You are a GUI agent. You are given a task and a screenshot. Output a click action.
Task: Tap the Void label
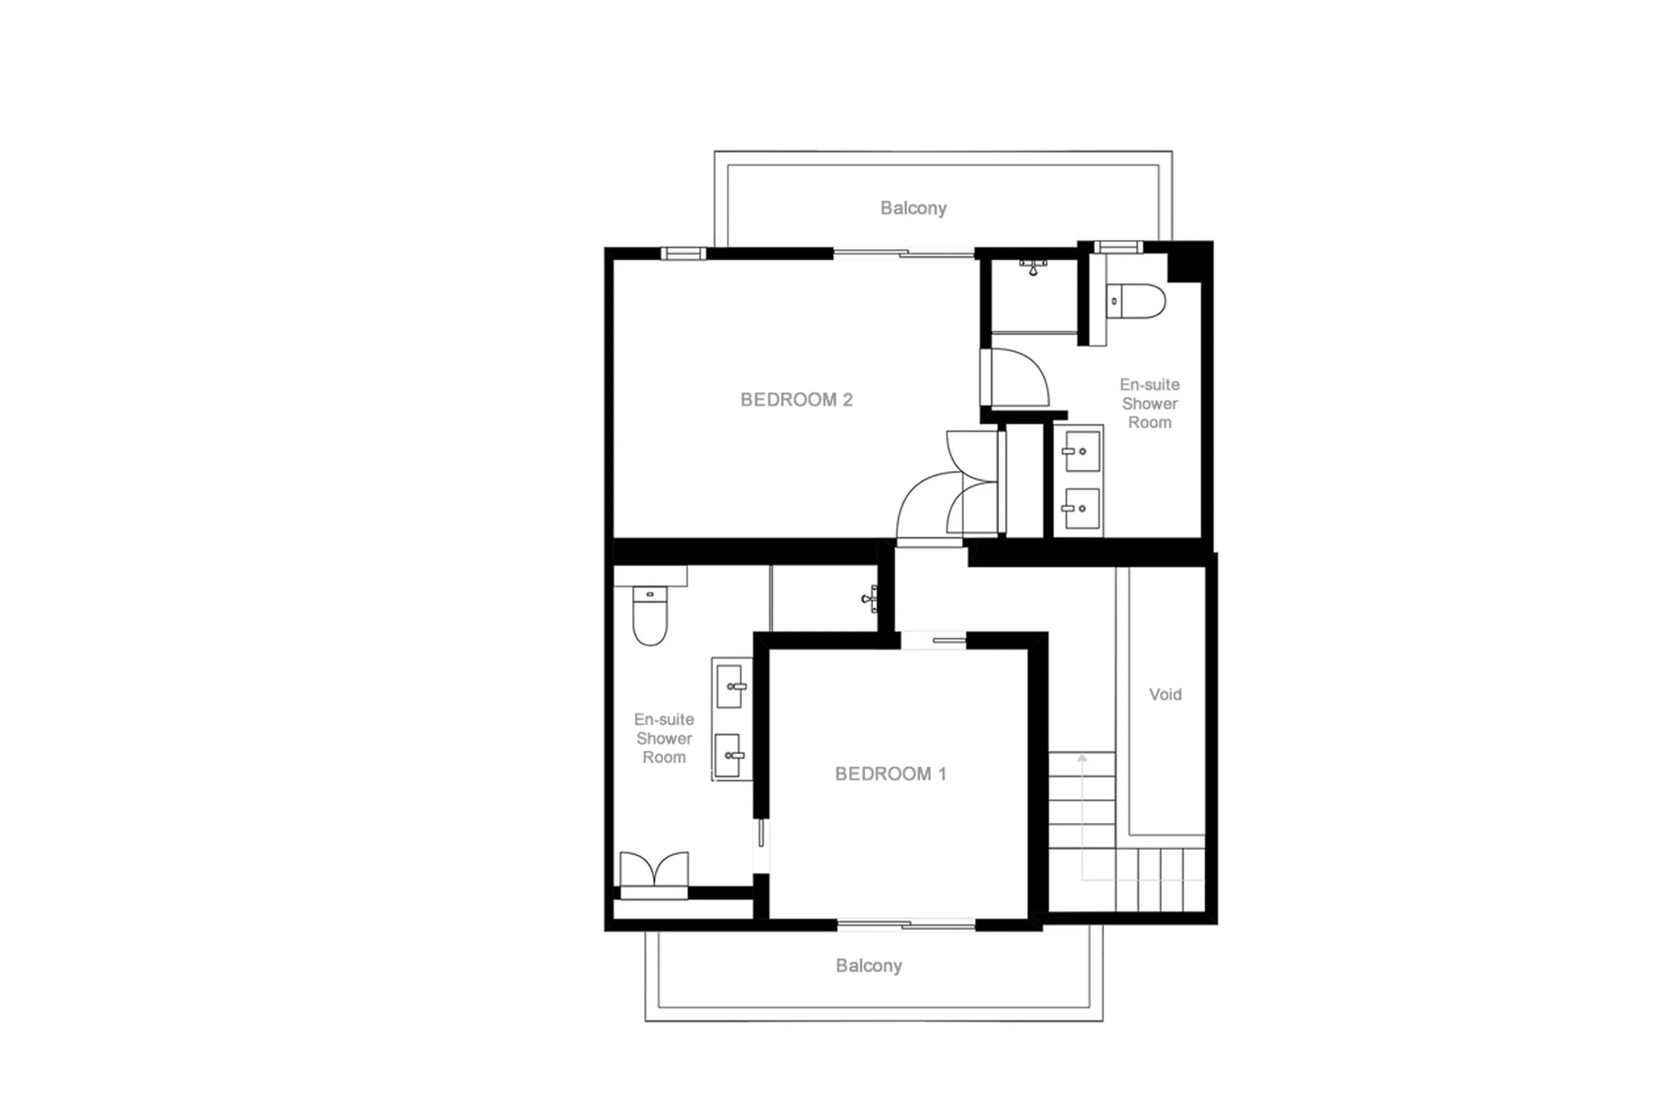(1165, 694)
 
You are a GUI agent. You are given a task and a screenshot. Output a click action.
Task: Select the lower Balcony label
(868, 966)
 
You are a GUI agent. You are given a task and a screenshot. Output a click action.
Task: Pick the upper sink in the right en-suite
(1081, 451)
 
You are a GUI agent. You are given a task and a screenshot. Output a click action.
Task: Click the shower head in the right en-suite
(1032, 268)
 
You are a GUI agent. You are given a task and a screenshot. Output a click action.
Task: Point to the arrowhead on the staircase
(1081, 758)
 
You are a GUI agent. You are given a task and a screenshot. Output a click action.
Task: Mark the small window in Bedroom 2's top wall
(682, 253)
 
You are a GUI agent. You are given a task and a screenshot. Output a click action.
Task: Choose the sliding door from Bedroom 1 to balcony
(905, 925)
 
